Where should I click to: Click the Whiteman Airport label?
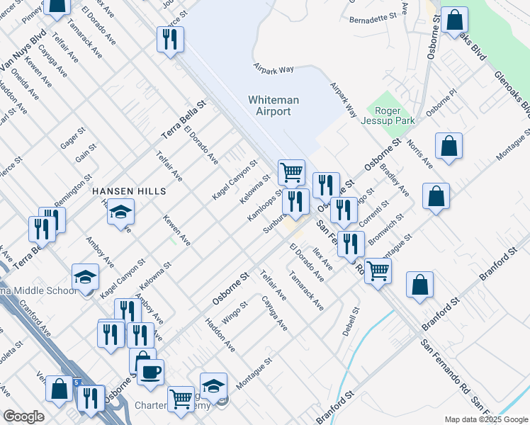(269, 106)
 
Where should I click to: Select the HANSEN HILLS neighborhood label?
(129, 191)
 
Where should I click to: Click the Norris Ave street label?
(419, 154)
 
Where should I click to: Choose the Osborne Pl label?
(443, 105)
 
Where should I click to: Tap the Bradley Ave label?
(395, 181)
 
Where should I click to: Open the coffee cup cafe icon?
(150, 372)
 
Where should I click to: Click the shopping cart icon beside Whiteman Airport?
(291, 171)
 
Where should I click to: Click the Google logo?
(23, 416)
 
